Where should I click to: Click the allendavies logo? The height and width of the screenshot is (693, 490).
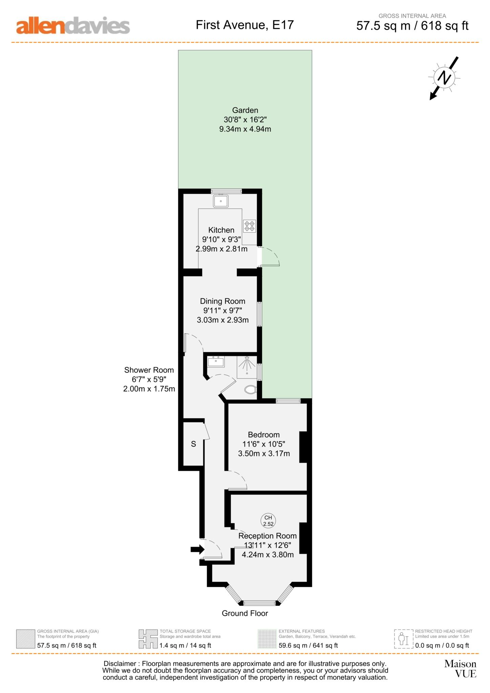tap(73, 26)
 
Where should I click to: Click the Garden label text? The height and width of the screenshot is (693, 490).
tap(245, 110)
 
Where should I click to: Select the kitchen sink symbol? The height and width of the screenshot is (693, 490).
tap(220, 201)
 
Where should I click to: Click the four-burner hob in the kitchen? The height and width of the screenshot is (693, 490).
tap(250, 226)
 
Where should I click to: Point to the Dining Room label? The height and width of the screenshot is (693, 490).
tap(222, 301)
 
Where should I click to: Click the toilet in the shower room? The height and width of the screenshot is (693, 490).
tap(251, 390)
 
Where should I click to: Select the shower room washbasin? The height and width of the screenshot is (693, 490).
tap(216, 362)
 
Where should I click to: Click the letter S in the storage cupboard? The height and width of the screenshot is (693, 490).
tap(193, 444)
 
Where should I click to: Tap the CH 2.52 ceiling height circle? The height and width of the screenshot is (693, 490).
tap(268, 520)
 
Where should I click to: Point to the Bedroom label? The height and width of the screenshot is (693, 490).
tap(263, 435)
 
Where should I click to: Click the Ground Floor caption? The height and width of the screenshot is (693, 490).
tap(245, 613)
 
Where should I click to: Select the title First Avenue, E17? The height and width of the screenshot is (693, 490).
tap(244, 25)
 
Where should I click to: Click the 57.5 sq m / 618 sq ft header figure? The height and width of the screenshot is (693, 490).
tap(412, 26)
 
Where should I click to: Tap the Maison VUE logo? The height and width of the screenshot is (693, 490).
tap(460, 668)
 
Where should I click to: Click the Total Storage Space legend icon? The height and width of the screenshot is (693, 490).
tap(148, 639)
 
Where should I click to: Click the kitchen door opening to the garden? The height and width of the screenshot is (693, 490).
tap(269, 257)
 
